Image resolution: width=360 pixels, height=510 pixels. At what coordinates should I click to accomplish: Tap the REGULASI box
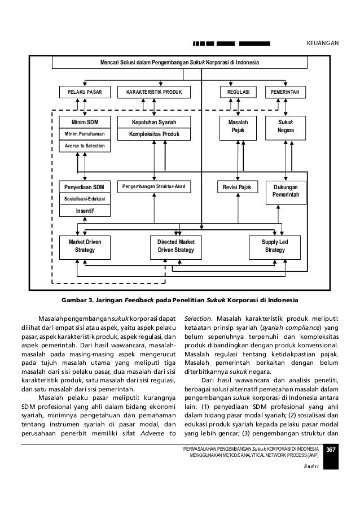click(238, 91)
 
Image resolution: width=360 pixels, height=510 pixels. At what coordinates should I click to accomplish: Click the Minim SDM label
click(86, 121)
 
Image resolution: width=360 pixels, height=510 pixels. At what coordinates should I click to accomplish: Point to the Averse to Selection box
click(86, 146)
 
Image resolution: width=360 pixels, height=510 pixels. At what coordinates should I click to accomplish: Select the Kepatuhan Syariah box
click(153, 121)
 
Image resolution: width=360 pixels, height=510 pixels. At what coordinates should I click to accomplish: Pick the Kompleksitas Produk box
click(153, 134)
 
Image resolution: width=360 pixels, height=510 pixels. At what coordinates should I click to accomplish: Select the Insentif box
click(86, 211)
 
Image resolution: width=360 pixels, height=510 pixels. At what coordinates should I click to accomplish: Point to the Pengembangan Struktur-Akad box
click(153, 186)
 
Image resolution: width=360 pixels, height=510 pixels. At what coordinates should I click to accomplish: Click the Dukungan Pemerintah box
click(286, 191)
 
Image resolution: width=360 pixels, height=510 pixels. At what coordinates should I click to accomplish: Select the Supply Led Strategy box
click(274, 245)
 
